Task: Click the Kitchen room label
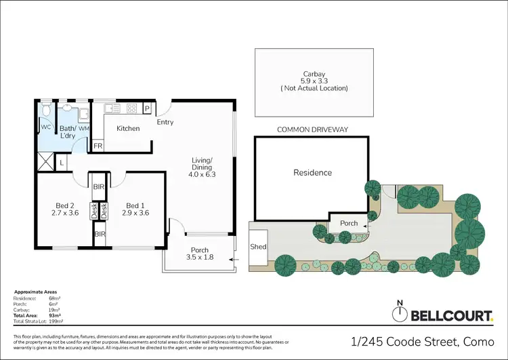pos(128,129)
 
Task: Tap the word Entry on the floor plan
pos(165,123)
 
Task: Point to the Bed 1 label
pos(135,206)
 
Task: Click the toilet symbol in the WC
pos(46,111)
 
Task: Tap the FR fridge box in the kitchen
pos(98,146)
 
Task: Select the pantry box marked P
pos(146,108)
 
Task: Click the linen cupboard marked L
pos(62,162)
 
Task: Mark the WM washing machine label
pos(83,128)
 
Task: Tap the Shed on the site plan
pos(257,247)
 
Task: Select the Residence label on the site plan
pos(312,173)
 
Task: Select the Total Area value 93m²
pos(54,316)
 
